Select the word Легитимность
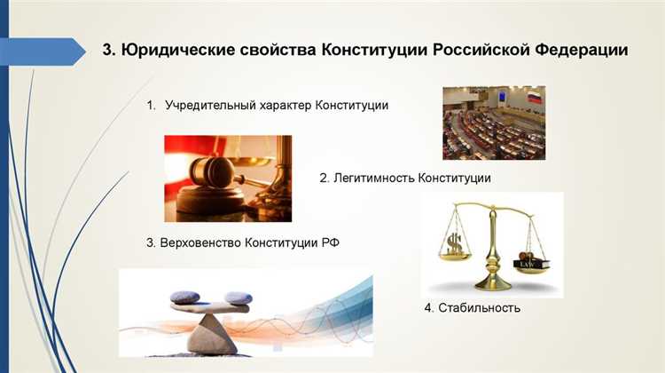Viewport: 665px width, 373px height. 374,179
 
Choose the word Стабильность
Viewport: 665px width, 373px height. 482,308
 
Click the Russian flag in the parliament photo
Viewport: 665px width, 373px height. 534,96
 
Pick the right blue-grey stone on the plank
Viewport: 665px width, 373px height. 238,298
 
